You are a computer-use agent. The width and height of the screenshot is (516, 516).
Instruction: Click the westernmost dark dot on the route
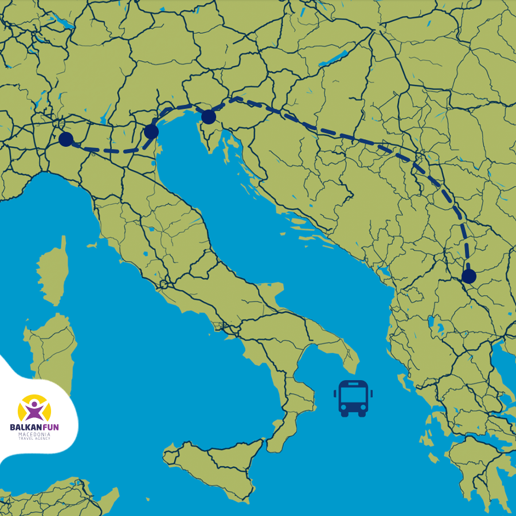point(66,139)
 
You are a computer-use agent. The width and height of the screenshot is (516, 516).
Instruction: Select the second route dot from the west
point(151,131)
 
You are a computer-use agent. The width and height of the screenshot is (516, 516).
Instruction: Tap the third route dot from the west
point(208,117)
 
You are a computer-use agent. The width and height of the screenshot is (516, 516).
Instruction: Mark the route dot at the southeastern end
point(468,276)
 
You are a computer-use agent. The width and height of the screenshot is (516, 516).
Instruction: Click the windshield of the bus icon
point(353,395)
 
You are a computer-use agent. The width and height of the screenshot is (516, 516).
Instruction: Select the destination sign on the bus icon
point(353,384)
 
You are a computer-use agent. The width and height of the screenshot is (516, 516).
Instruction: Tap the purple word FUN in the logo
point(50,427)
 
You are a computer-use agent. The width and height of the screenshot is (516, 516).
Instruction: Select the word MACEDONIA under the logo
point(34,435)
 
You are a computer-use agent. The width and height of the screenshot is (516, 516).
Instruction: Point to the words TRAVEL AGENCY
point(34,439)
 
